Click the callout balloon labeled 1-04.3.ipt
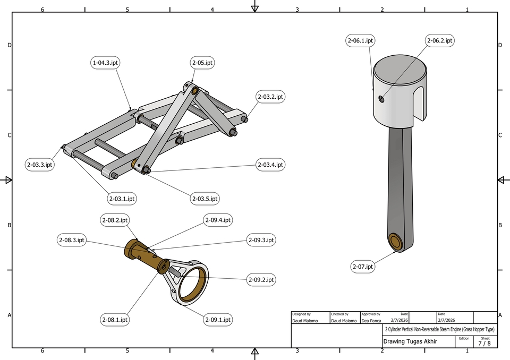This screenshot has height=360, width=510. [105, 63]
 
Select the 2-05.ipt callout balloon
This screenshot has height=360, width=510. [202, 63]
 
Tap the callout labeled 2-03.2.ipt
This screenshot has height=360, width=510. [270, 97]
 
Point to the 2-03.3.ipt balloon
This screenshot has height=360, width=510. [40, 165]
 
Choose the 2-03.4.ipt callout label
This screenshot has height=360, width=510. [270, 165]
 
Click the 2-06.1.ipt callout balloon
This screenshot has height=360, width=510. [361, 40]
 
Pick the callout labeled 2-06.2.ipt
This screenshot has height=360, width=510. [440, 40]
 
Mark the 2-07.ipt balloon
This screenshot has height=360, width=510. [363, 267]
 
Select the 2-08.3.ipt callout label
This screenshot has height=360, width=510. [72, 240]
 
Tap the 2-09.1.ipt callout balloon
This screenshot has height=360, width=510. [218, 320]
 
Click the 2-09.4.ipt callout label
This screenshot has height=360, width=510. [218, 220]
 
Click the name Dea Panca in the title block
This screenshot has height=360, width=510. [372, 321]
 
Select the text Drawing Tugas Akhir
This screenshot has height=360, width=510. [410, 341]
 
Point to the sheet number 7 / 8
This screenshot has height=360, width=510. [484, 344]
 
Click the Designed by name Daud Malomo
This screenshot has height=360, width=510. [306, 321]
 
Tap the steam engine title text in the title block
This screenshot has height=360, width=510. [439, 330]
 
